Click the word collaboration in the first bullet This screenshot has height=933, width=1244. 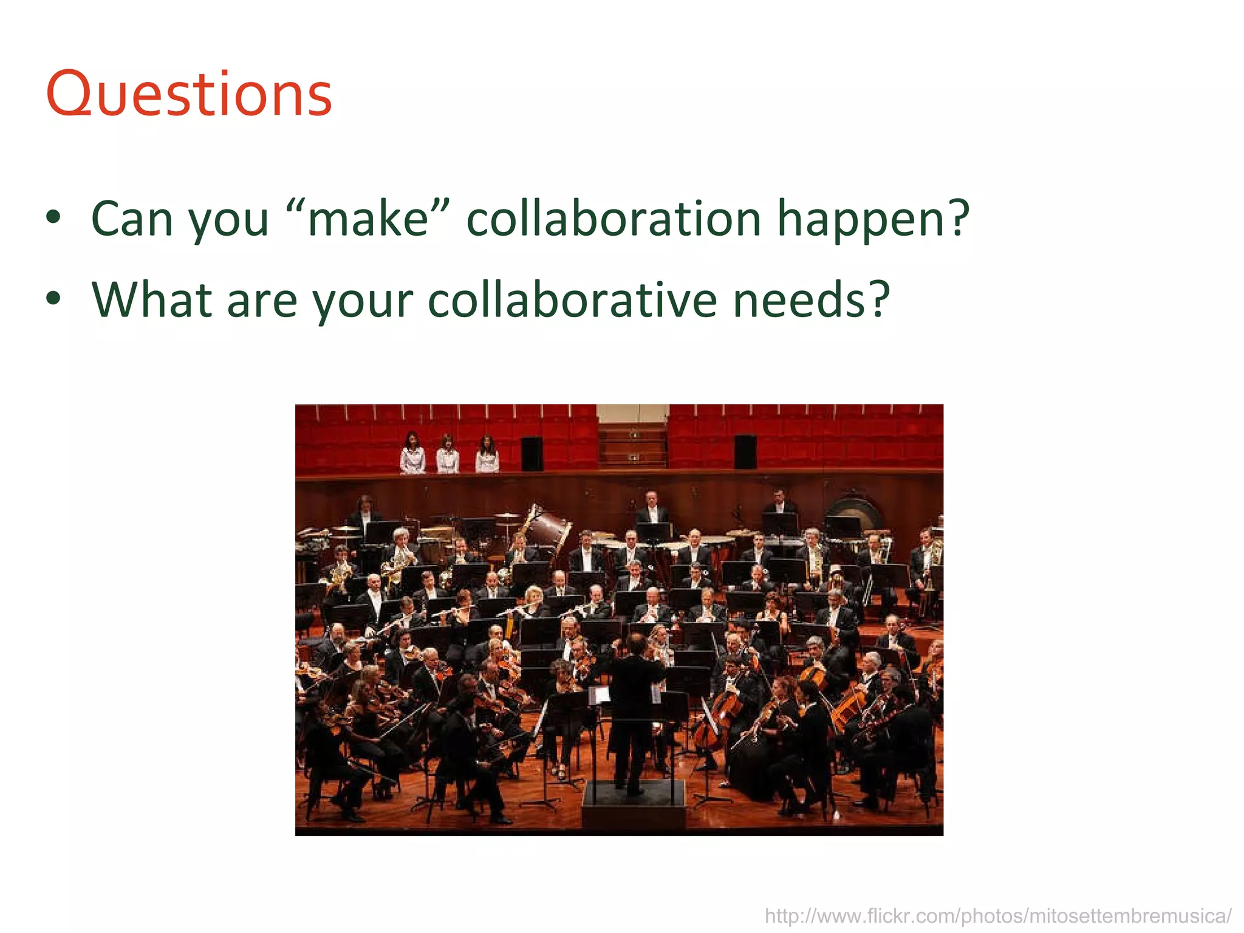pyautogui.click(x=613, y=219)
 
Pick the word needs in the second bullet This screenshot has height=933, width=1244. pyautogui.click(x=811, y=300)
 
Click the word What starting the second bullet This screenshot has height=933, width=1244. pyautogui.click(x=152, y=300)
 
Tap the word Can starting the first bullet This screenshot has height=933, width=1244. pyautogui.click(x=132, y=219)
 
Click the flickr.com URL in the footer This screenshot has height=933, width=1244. pyautogui.click(x=998, y=915)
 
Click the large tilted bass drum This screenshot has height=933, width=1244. pyautogui.click(x=548, y=527)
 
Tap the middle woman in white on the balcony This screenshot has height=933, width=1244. pyautogui.click(x=448, y=454)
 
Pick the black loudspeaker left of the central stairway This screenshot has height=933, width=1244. pyautogui.click(x=532, y=453)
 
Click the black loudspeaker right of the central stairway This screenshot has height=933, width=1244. pyautogui.click(x=745, y=451)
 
